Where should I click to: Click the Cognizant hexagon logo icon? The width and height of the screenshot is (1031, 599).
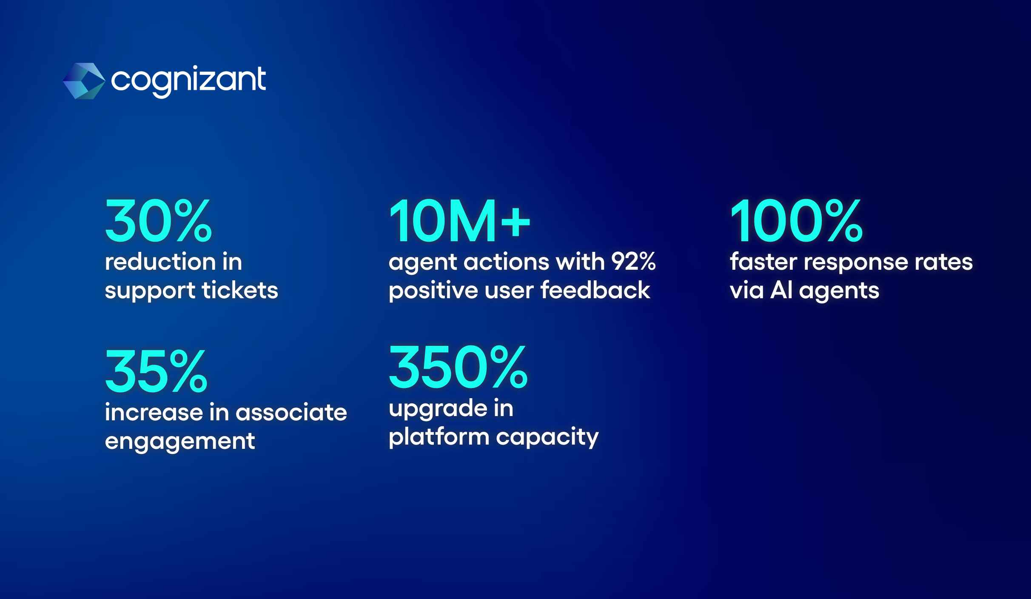(84, 81)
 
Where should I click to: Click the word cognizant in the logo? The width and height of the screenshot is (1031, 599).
(188, 81)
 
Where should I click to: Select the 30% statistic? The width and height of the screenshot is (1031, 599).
(158, 221)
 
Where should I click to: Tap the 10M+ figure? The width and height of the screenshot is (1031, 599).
(460, 221)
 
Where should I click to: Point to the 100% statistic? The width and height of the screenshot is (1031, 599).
(797, 221)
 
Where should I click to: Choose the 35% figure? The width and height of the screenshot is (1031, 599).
(156, 371)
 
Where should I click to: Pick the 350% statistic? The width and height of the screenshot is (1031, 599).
(459, 367)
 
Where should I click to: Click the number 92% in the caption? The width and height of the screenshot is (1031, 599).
(634, 261)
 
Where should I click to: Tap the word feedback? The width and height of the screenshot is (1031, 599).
(595, 290)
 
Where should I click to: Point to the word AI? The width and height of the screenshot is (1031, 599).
(782, 290)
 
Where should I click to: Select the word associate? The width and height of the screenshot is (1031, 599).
(291, 412)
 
